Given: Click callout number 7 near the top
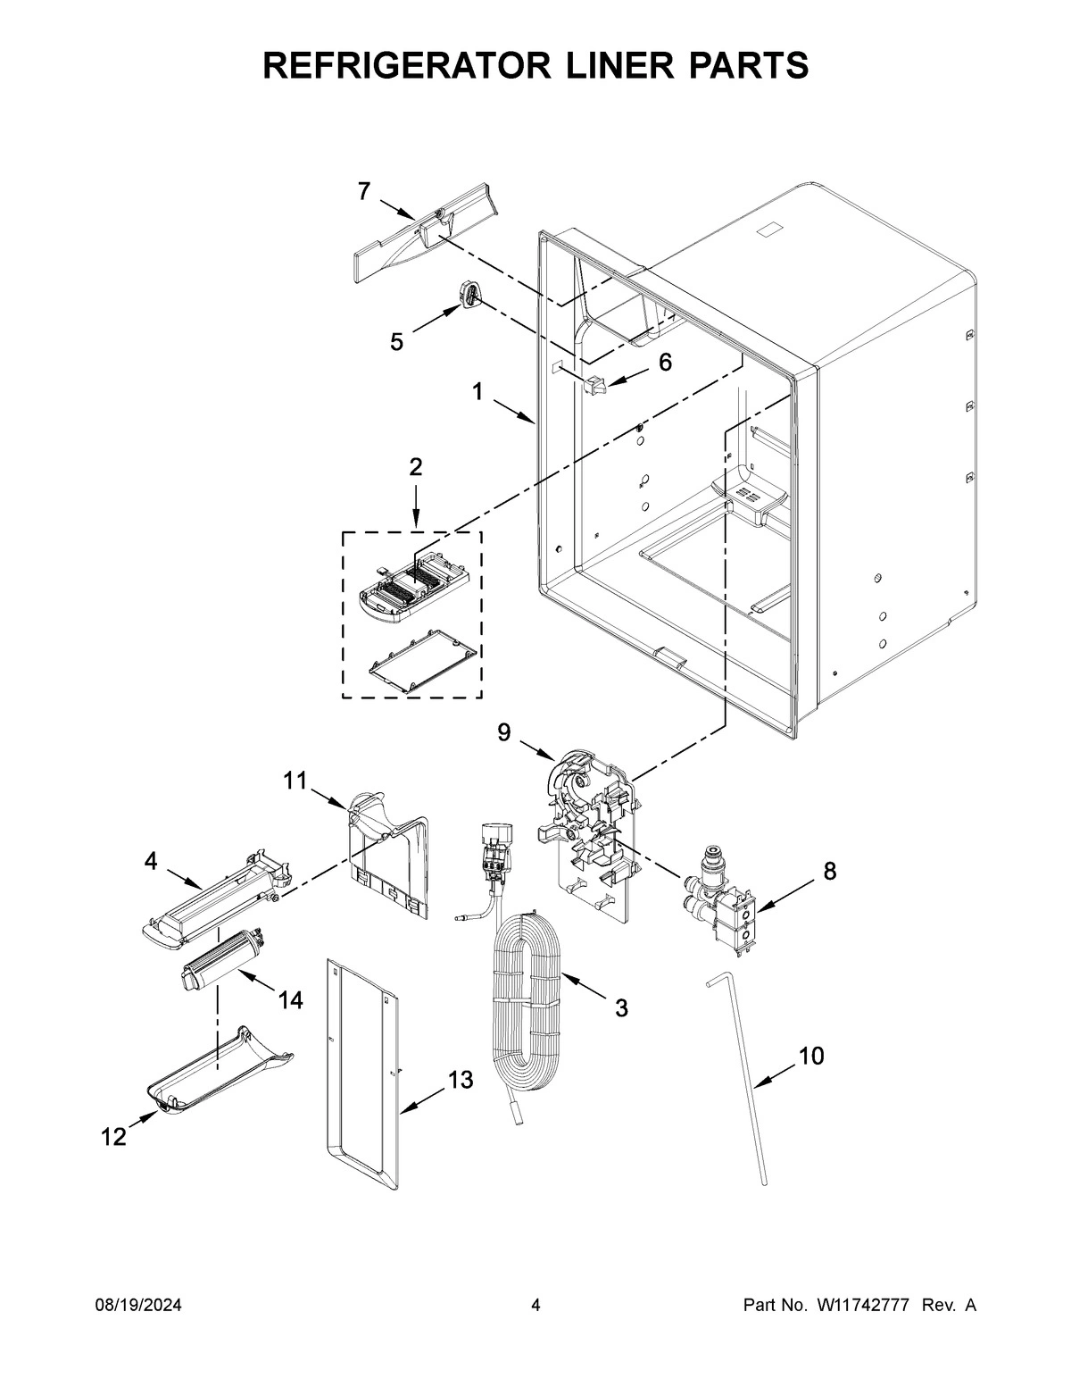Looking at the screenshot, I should click(364, 190).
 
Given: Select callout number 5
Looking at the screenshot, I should click(396, 342).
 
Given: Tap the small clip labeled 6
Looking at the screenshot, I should click(594, 385).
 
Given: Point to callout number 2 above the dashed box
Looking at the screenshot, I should click(416, 466).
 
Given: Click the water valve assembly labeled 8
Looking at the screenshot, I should click(726, 905).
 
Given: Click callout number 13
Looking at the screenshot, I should click(460, 1081).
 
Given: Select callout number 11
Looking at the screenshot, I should click(295, 781).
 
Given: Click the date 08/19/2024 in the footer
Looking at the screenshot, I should click(138, 1306).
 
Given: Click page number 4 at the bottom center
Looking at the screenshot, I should click(535, 1306).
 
